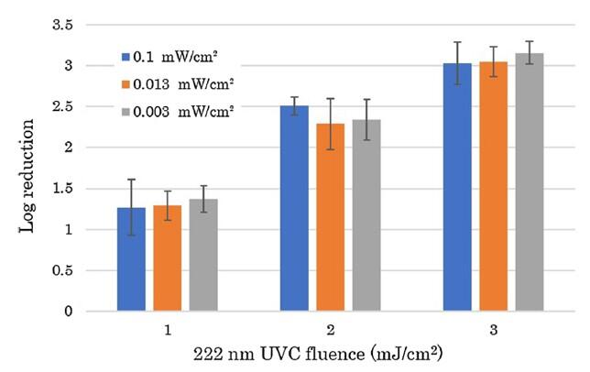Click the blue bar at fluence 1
click(x=131, y=260)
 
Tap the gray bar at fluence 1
click(x=202, y=256)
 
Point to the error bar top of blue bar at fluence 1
click(x=131, y=180)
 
